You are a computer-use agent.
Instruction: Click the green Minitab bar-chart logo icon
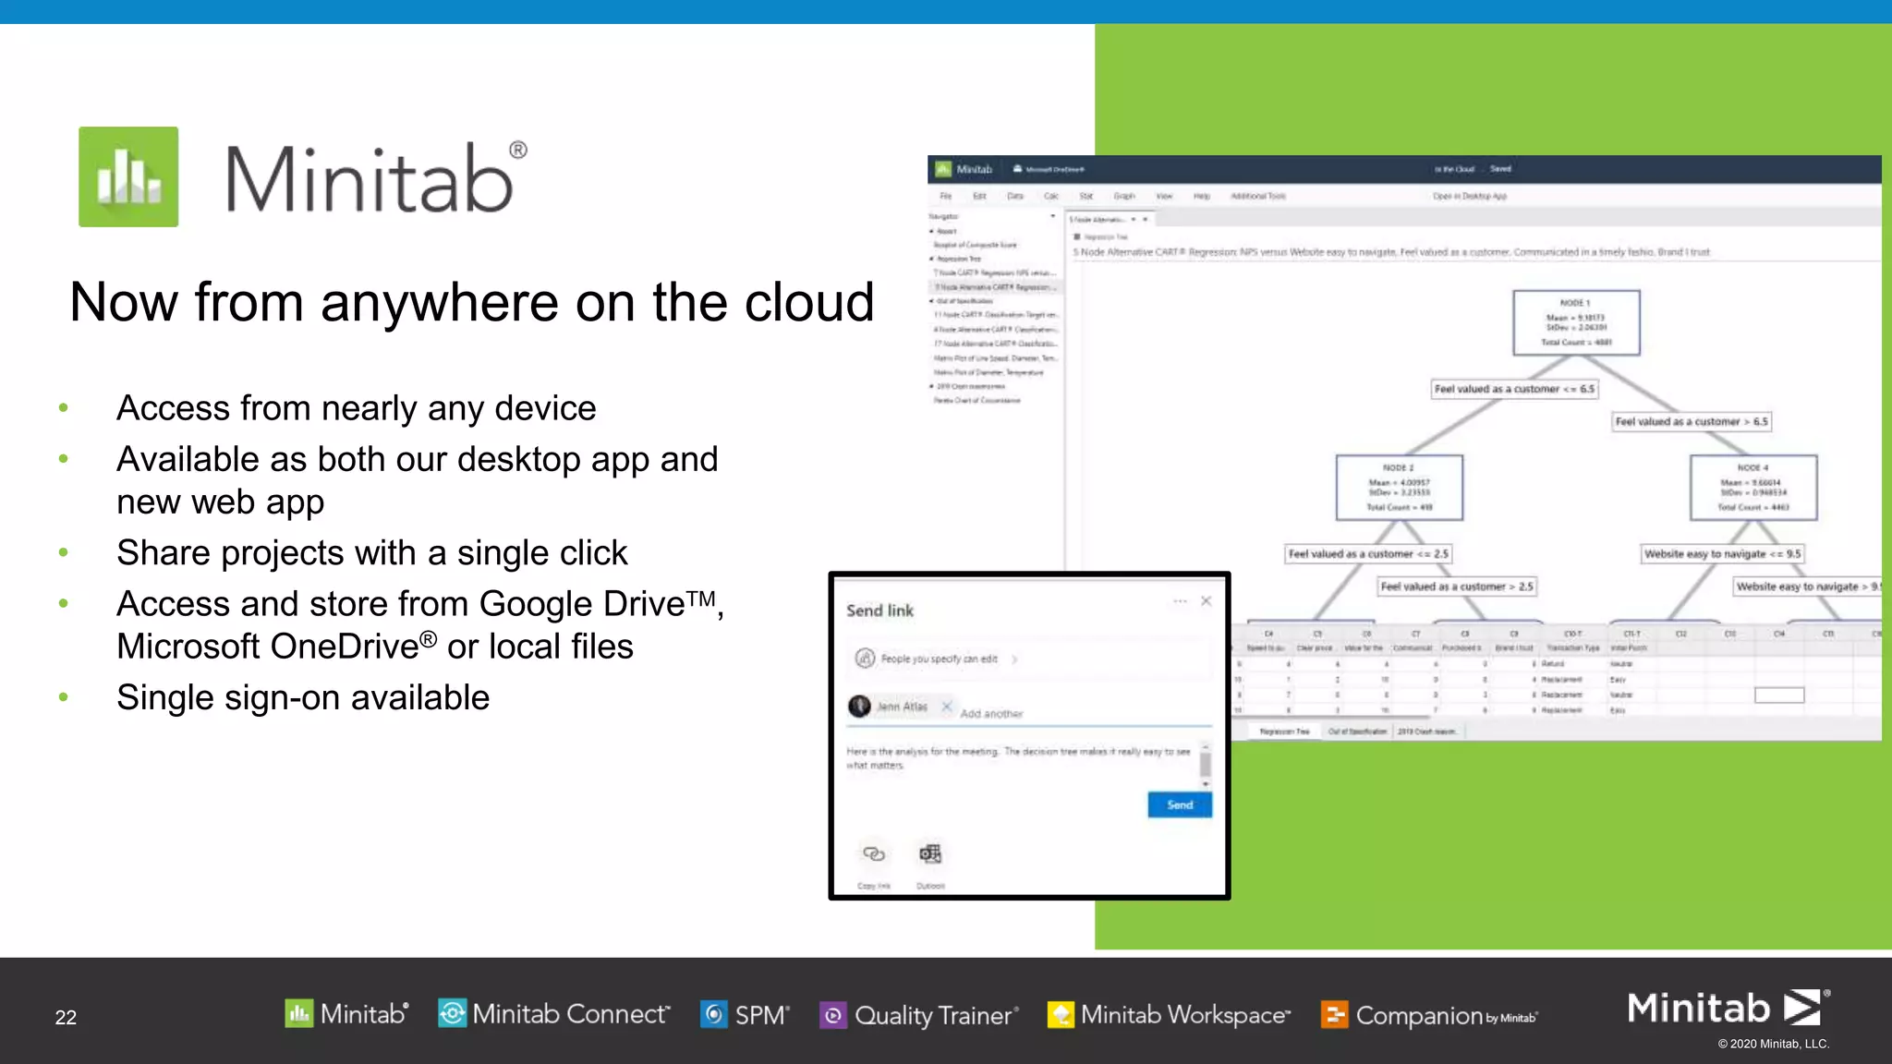pyautogui.click(x=128, y=176)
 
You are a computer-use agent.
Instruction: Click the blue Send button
pyautogui.click(x=1179, y=804)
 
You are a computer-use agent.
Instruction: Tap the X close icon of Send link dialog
pyautogui.click(x=1206, y=601)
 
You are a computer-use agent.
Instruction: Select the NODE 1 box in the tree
pyautogui.click(x=1576, y=322)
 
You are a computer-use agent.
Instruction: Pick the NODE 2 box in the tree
pyautogui.click(x=1399, y=487)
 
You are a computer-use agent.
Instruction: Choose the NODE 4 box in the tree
pyautogui.click(x=1753, y=487)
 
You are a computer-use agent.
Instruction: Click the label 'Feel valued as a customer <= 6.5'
pyautogui.click(x=1514, y=389)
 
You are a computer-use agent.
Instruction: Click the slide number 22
pyautogui.click(x=66, y=1017)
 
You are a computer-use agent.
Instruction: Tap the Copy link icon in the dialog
pyautogui.click(x=873, y=854)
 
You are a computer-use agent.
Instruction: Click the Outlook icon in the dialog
pyautogui.click(x=930, y=854)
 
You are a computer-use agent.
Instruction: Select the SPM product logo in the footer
pyautogui.click(x=745, y=1014)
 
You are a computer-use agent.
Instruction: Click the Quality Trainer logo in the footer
pyautogui.click(x=919, y=1015)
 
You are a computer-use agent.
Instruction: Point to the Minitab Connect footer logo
pyautogui.click(x=553, y=1013)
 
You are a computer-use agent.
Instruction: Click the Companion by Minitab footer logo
pyautogui.click(x=1429, y=1015)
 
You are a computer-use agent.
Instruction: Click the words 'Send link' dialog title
pyautogui.click(x=879, y=611)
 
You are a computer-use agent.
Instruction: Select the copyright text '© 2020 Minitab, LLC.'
pyautogui.click(x=1773, y=1044)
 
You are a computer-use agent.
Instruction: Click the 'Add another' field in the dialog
pyautogui.click(x=991, y=713)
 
